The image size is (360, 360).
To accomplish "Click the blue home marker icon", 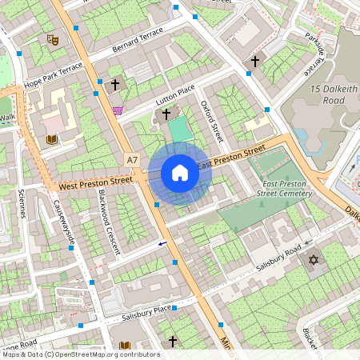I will (x=180, y=173).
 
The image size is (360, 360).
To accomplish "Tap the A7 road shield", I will (x=132, y=161).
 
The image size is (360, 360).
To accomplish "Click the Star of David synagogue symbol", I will (x=314, y=260).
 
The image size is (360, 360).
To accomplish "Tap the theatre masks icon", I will (x=53, y=38).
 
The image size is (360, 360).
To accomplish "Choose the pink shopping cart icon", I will (x=118, y=110).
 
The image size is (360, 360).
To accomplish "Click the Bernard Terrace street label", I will (x=138, y=36).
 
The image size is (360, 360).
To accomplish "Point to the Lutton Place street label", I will (x=175, y=100).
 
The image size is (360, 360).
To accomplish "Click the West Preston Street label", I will (x=95, y=184).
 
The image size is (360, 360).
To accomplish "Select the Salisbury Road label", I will (x=278, y=256).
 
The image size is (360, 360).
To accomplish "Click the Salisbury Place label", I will (x=147, y=313).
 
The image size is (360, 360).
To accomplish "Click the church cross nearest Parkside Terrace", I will (x=256, y=61).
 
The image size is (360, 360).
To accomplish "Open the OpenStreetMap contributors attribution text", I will (x=80, y=354).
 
